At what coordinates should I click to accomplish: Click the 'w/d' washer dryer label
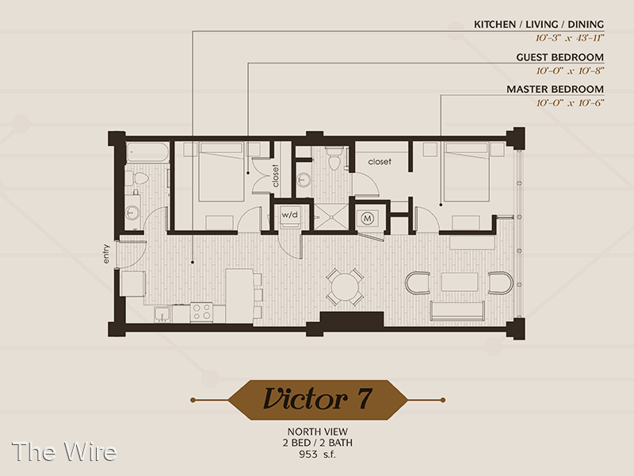pos(289,214)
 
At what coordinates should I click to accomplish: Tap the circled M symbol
pos(367,219)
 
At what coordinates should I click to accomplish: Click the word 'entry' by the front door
pos(106,254)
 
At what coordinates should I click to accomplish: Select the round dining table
pos(345,287)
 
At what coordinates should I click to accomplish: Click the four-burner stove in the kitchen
pos(201,312)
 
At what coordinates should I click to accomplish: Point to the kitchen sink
pos(162,314)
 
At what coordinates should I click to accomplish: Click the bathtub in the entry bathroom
pos(147,152)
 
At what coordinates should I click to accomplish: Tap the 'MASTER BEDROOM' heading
pos(556,89)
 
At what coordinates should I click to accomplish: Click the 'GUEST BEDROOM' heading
pos(560,57)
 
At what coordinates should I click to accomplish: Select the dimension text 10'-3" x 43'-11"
pos(570,38)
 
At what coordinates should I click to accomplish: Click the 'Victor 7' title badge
pos(318,400)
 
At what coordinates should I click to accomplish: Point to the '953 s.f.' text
pos(318,454)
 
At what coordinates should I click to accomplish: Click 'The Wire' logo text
pos(64,451)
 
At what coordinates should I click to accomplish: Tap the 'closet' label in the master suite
pos(380,162)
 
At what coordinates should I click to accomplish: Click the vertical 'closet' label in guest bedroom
pos(275,175)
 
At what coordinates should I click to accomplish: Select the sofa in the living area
pos(458,310)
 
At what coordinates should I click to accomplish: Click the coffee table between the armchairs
pos(460,282)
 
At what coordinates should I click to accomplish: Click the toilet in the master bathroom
pos(334,159)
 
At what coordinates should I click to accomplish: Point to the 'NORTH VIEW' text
pos(318,432)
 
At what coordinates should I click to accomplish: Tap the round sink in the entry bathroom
pos(132,212)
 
